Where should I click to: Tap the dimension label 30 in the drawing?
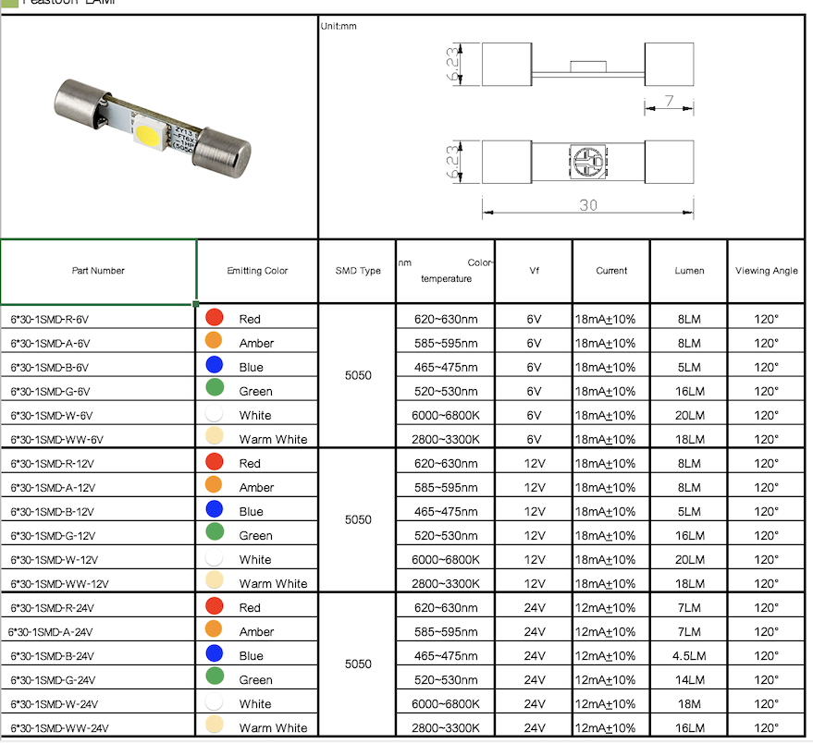[588, 205]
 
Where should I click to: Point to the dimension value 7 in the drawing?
[668, 102]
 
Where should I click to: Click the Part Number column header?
[98, 271]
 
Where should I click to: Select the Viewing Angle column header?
[766, 271]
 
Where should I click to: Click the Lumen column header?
[689, 271]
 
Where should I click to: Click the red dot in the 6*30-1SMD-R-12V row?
[214, 462]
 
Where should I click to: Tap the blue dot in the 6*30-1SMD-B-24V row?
[214, 654]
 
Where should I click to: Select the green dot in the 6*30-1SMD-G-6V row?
[214, 388]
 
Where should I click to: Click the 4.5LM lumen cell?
[689, 655]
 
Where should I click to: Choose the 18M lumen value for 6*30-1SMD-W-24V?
[689, 703]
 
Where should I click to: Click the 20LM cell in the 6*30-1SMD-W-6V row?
[689, 415]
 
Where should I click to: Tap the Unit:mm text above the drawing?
[339, 26]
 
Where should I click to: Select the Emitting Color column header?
[257, 271]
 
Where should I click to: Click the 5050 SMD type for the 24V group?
[358, 664]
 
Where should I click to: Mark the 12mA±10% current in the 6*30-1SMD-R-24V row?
[606, 607]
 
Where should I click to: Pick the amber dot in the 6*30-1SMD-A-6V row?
[214, 341]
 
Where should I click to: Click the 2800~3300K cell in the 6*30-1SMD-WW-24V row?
[446, 727]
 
